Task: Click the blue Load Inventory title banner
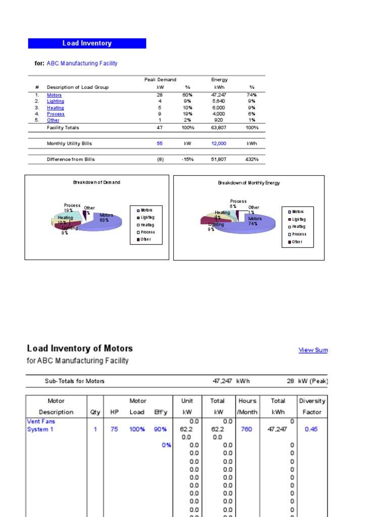pos(87,43)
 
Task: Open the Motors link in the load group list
pos(55,95)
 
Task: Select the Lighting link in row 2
pos(56,101)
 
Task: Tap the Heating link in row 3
pos(56,108)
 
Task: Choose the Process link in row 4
pos(56,114)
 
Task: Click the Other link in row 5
pos(53,121)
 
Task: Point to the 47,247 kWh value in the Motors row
pos(219,95)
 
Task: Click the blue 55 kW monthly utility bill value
pos(160,143)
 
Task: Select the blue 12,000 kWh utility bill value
pos(219,143)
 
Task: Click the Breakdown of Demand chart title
pos(96,182)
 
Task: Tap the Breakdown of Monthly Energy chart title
pos(249,183)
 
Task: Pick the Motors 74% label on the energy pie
pos(255,221)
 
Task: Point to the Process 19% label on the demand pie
pos(72,208)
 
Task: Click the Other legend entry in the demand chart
pos(145,239)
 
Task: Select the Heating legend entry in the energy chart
pos(298,227)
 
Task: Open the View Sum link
pos(313,350)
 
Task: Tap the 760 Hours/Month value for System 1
pos(247,429)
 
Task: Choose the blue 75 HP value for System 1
pos(115,429)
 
